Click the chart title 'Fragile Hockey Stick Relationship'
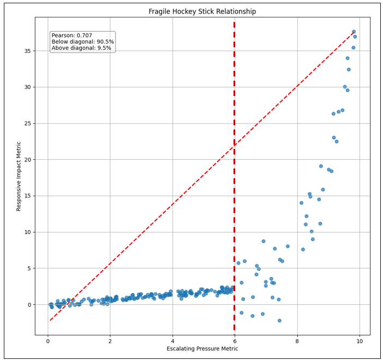(202, 11)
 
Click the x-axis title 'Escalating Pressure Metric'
(202, 349)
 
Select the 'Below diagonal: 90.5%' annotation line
(82, 42)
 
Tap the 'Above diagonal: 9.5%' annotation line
(81, 49)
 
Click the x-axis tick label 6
(235, 341)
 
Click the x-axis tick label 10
(360, 341)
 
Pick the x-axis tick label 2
(110, 341)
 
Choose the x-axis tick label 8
(297, 341)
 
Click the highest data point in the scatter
(354, 32)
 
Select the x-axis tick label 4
(172, 341)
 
